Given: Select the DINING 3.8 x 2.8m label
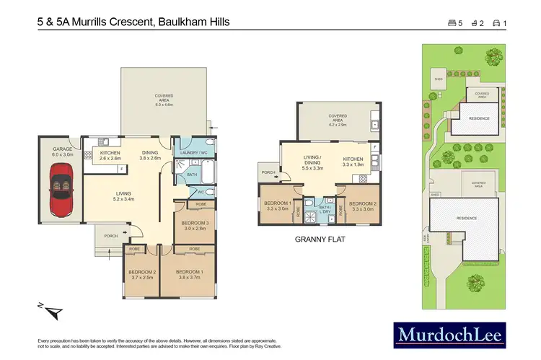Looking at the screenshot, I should pos(149,155).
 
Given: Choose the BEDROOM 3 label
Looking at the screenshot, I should pos(194,226).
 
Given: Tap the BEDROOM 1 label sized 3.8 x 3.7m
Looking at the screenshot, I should pos(190,275).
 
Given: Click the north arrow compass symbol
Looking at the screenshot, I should pos(52,312).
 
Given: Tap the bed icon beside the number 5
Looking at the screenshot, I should pos(452,23).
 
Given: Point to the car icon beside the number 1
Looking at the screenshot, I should pos(496,23).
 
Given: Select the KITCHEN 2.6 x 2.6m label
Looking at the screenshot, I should pos(100,155).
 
